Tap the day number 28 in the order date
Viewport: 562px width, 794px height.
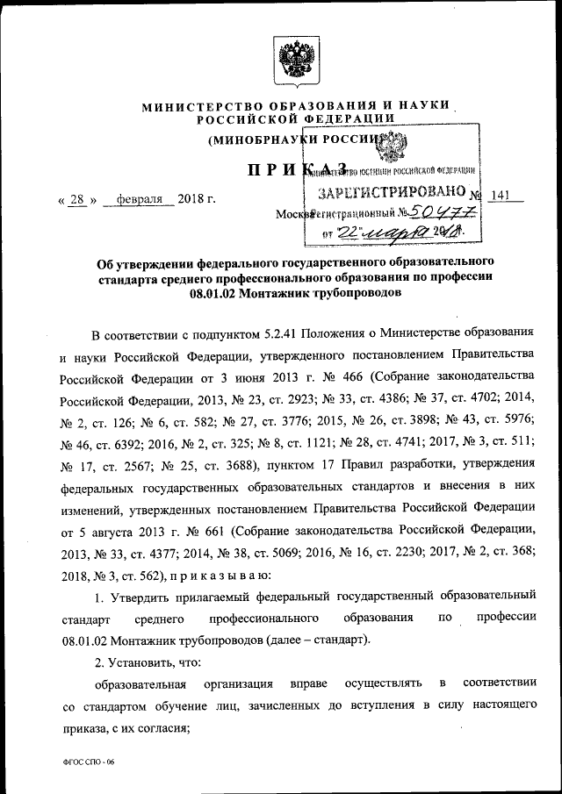click(x=76, y=199)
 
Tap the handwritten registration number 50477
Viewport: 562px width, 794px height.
click(x=443, y=213)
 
